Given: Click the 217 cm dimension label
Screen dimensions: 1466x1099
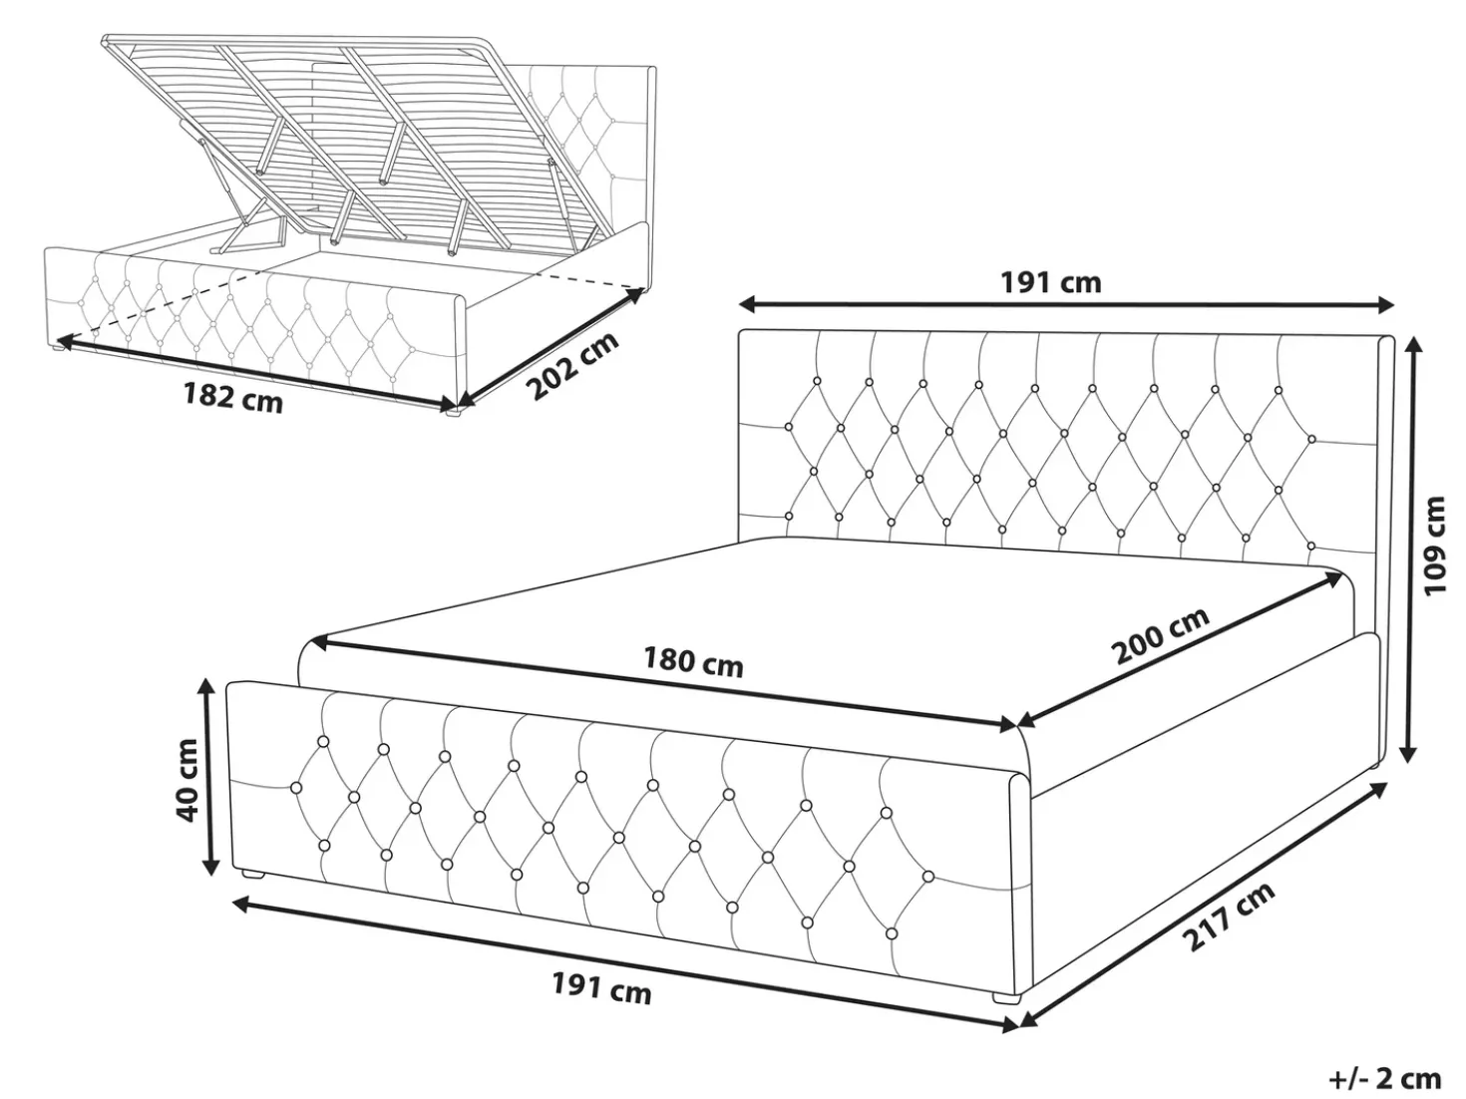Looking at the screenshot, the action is [x=1228, y=916].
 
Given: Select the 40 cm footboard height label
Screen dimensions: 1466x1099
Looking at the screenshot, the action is [x=185, y=780].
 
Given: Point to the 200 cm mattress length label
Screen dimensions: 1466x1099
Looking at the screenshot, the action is [x=1160, y=635].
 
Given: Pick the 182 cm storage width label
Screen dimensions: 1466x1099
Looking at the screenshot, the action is [x=233, y=398].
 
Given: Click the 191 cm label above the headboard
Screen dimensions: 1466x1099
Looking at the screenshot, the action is [x=1050, y=282].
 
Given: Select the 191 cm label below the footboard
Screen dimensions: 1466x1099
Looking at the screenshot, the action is [x=601, y=988].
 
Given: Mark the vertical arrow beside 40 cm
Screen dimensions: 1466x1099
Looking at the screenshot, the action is [x=209, y=776].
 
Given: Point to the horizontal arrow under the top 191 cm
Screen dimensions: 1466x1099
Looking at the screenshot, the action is [x=1067, y=306].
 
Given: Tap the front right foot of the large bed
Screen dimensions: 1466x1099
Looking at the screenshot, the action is [x=1007, y=999].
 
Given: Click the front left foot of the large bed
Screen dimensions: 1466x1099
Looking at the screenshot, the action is [x=253, y=873].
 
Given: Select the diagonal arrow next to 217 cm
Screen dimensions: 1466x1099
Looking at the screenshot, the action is [x=1202, y=905].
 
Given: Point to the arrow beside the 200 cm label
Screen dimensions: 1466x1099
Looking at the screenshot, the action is [x=1179, y=649].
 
